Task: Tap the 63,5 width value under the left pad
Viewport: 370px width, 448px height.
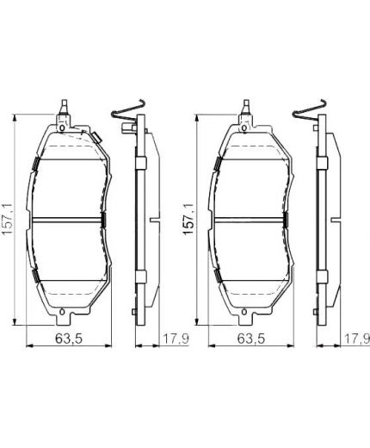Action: [x=68, y=338]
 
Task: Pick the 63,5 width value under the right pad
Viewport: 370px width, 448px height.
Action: [x=244, y=338]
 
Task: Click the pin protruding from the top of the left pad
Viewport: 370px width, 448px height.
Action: [x=65, y=107]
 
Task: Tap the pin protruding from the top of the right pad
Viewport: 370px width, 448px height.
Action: [x=244, y=107]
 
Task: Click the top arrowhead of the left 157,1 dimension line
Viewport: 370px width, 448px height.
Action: [x=20, y=118]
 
